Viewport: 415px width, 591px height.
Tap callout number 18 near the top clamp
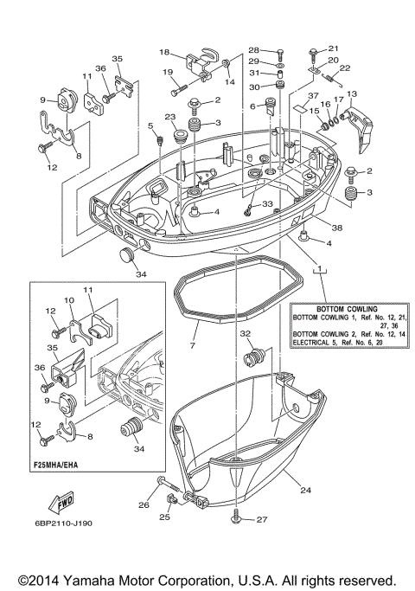tap(163, 52)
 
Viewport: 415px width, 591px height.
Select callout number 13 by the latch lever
tap(351, 93)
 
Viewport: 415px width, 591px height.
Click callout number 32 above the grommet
tap(246, 333)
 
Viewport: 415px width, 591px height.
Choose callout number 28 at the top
tap(255, 50)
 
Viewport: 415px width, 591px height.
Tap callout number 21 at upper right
tap(334, 48)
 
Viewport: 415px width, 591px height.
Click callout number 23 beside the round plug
tap(170, 118)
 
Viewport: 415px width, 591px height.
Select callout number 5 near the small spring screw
tap(150, 126)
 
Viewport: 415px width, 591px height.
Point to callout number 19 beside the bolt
tap(169, 72)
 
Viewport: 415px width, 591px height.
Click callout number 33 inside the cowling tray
tap(267, 204)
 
